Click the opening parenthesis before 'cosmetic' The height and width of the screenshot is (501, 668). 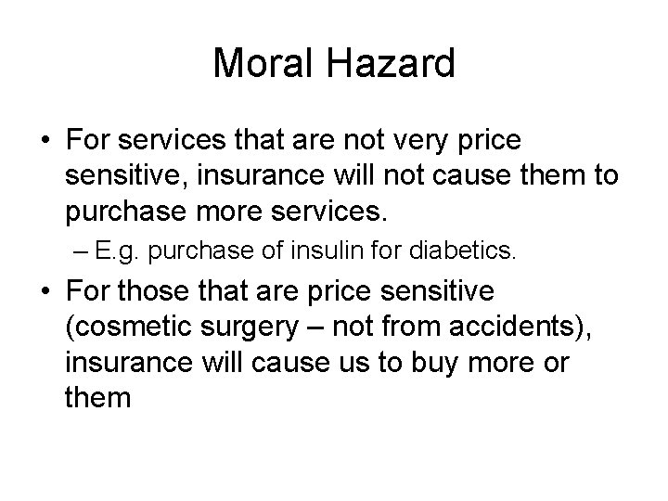(x=71, y=328)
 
